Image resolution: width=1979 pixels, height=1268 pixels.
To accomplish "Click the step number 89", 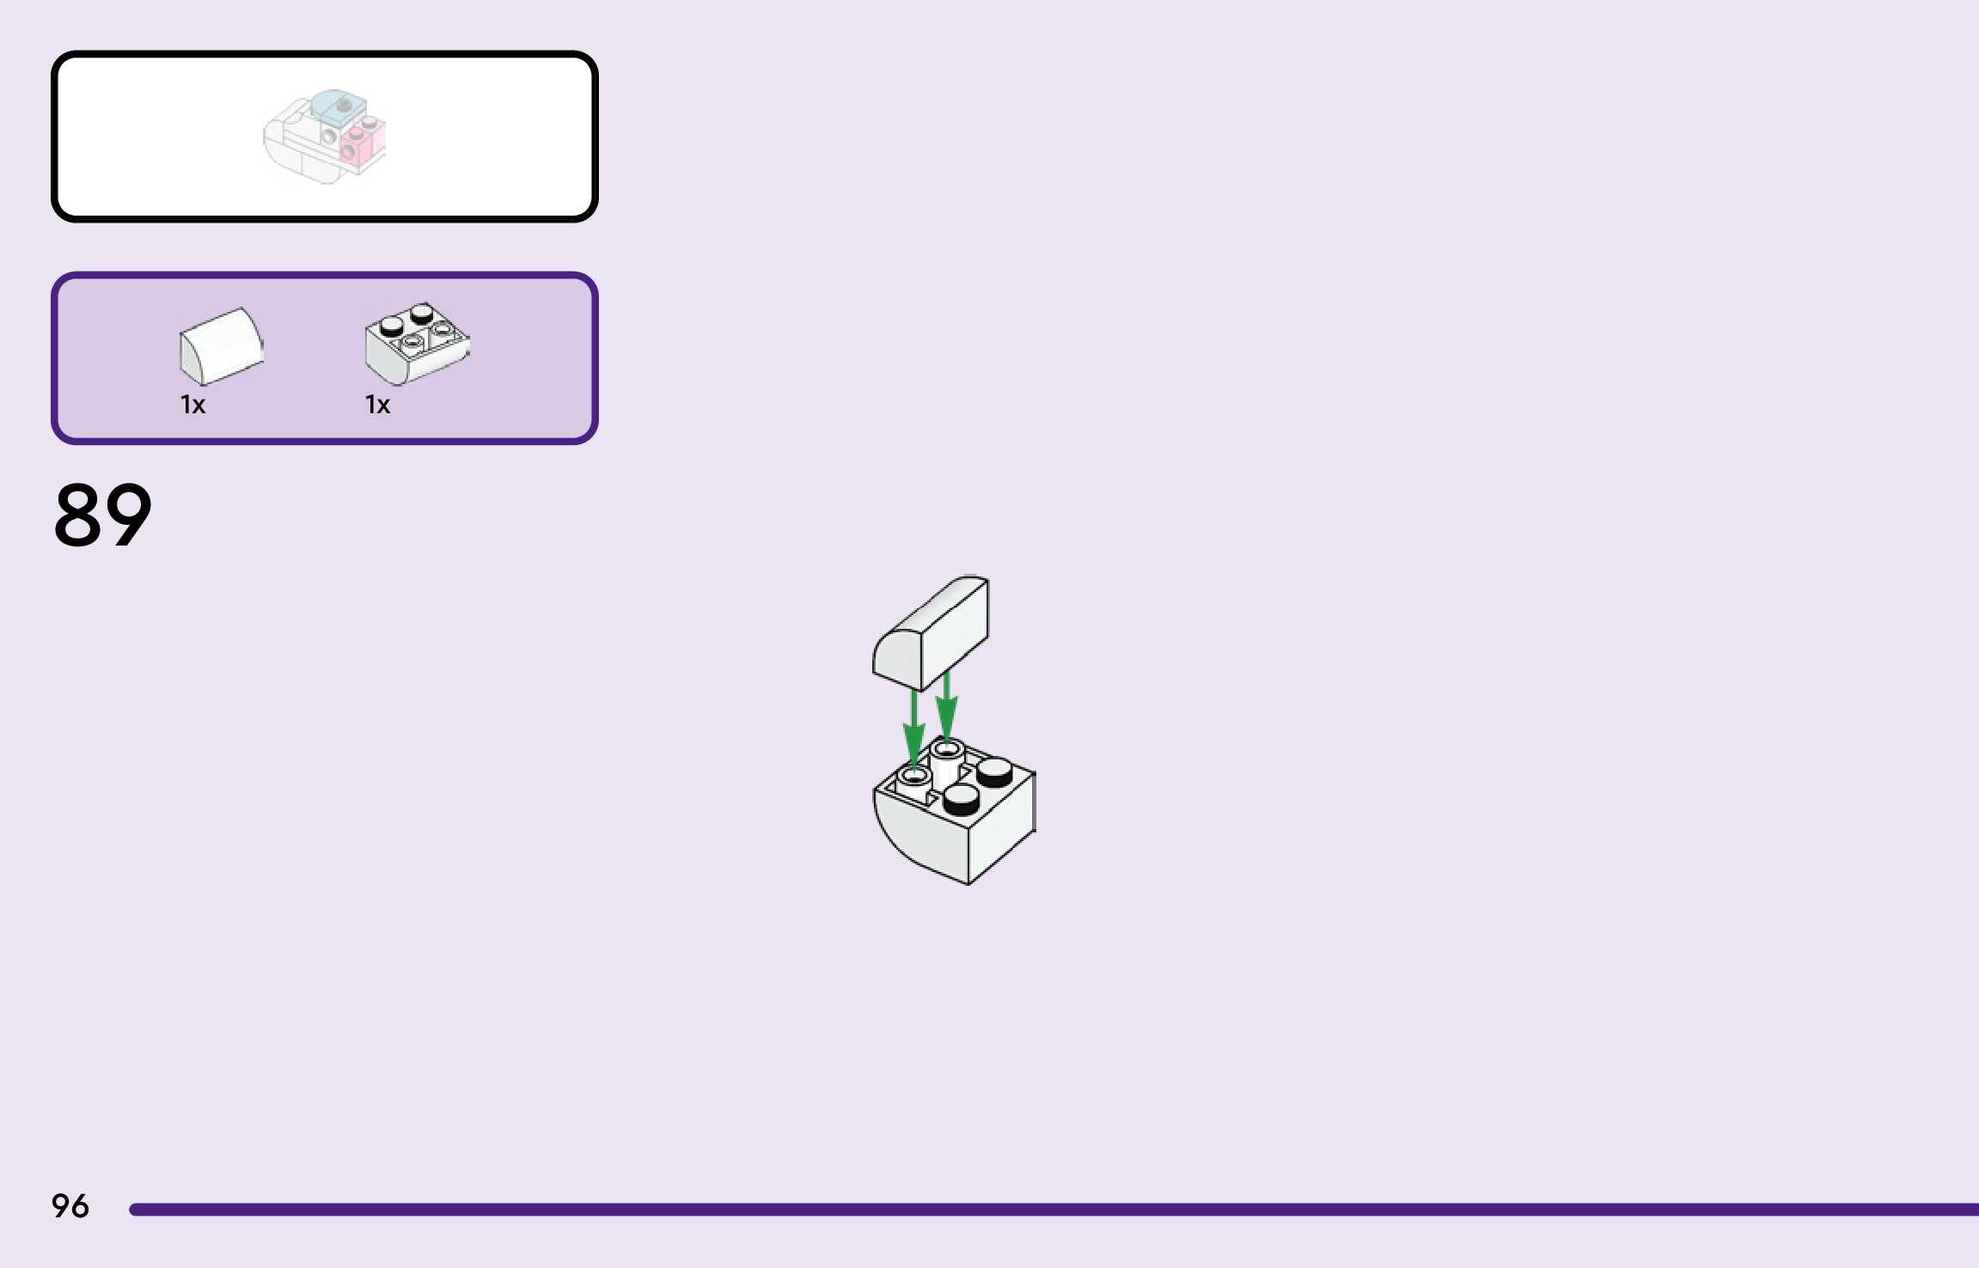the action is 102,515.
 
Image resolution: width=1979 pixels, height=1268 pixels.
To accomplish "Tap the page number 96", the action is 70,1206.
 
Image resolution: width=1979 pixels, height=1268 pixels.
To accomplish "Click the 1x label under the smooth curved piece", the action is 192,405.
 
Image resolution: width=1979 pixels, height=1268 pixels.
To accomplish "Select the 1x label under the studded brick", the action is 377,405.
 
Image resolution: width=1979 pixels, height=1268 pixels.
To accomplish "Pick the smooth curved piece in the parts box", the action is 221,346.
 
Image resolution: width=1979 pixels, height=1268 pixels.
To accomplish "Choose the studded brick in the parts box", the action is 417,344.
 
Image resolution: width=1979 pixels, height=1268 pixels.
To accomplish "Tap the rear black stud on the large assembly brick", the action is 994,770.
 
